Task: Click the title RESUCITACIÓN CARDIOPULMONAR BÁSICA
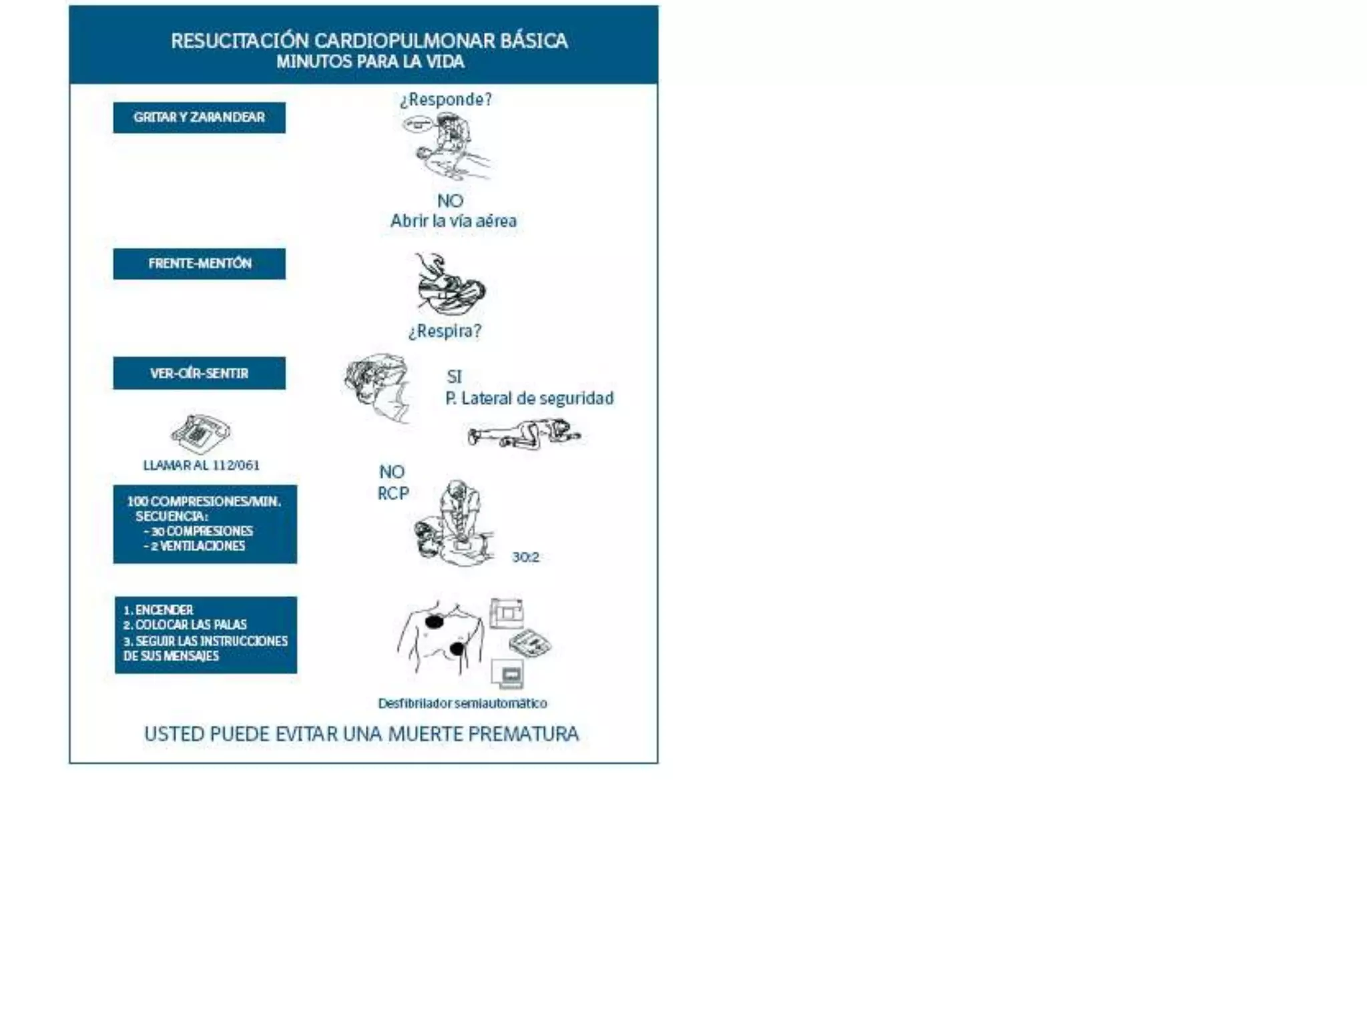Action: pos(369,41)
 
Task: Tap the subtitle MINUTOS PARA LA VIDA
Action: pos(370,62)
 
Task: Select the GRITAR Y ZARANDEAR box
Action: pos(199,117)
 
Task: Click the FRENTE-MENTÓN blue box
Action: pos(199,264)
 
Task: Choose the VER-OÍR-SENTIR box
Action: pos(199,373)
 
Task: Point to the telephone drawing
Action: pos(200,433)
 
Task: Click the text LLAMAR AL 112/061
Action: pos(201,465)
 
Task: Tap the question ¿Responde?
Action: pos(445,99)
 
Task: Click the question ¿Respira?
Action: pos(444,331)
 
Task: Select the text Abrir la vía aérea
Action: pos(453,221)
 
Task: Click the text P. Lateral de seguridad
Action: pos(529,398)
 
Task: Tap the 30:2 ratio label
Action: pos(525,557)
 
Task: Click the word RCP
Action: pos(393,494)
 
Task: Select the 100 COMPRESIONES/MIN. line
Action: pos(204,501)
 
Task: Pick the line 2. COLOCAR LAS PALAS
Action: pos(185,625)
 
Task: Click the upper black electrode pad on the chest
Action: pos(435,623)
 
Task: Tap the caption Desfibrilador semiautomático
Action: pos(462,703)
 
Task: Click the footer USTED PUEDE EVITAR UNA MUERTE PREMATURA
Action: pos(361,734)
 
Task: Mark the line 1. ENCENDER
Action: pos(158,610)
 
